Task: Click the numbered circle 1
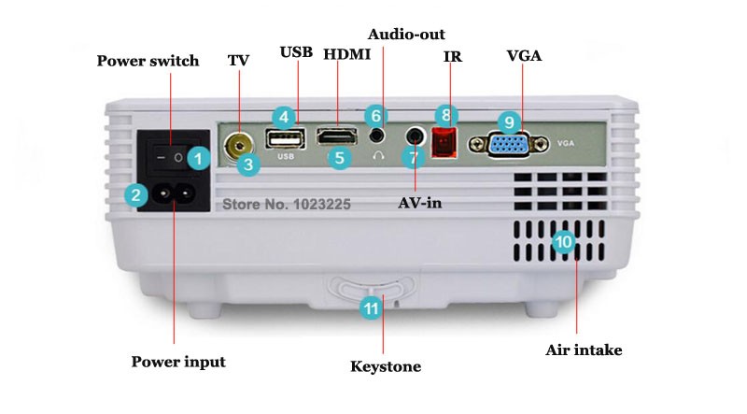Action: tap(197, 158)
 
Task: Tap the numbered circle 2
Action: tap(137, 194)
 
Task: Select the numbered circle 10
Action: tap(563, 241)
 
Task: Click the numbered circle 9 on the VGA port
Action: tap(508, 121)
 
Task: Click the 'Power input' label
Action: tap(177, 362)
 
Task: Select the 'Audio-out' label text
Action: tap(406, 35)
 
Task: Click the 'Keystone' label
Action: tap(385, 365)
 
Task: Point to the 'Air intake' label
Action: tap(583, 350)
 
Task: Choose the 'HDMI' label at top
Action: tap(346, 54)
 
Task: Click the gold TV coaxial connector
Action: tap(242, 144)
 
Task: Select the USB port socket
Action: tap(284, 140)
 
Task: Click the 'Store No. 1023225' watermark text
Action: tap(284, 201)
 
